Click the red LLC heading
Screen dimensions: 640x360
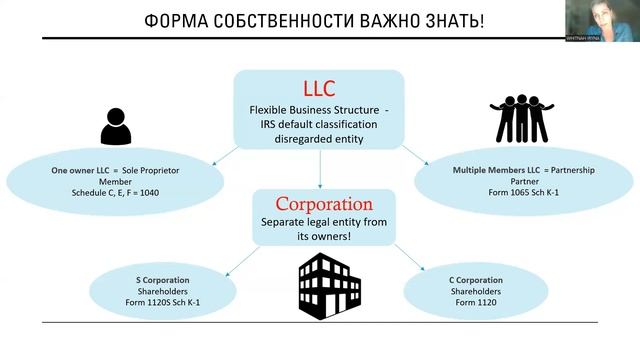pyautogui.click(x=319, y=88)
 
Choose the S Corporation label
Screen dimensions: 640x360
pyautogui.click(x=162, y=279)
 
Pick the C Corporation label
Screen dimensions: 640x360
pyautogui.click(x=476, y=279)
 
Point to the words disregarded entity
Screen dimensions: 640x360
pyautogui.click(x=319, y=139)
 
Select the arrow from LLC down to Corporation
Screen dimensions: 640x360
pyautogui.click(x=319, y=170)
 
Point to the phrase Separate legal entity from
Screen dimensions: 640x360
pyautogui.click(x=319, y=221)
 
